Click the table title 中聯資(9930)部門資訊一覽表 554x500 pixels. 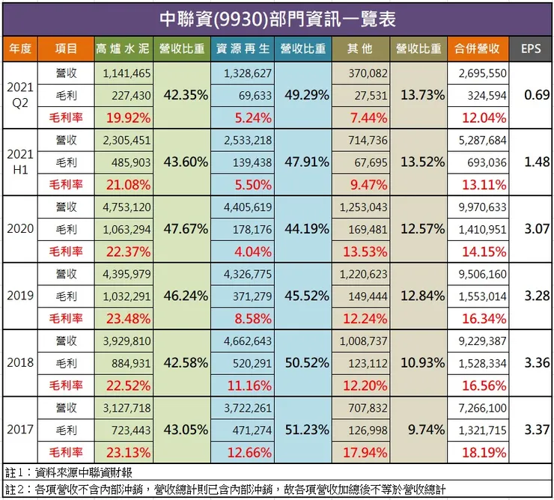coord(277,17)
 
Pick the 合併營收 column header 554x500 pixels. coord(478,49)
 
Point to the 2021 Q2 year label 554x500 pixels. coord(20,95)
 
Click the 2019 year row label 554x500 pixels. coord(20,296)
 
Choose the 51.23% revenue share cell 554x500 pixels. coord(302,430)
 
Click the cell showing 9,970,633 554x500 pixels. coord(481,207)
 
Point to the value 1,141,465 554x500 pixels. coord(125,73)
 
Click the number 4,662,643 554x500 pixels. coord(246,341)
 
